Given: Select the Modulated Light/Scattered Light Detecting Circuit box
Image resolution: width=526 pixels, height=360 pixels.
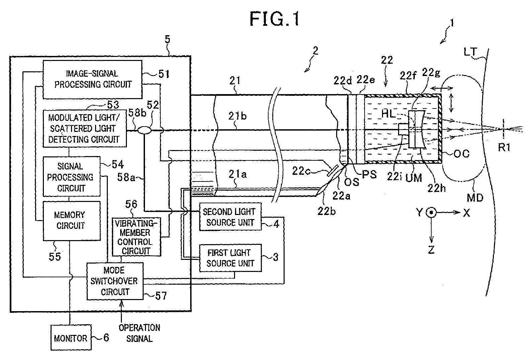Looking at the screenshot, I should pos(85,129).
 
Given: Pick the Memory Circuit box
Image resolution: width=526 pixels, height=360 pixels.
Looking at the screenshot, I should pos(71,220).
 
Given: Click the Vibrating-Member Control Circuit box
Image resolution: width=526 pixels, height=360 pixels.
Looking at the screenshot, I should pos(136,236).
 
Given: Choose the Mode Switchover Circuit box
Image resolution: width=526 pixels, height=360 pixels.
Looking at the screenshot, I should pos(115,281).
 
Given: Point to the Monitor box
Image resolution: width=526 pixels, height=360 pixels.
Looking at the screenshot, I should pos(71,338).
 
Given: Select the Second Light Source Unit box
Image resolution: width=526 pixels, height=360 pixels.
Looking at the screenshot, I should pos(230,217).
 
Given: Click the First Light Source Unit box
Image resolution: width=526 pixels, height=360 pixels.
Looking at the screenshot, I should pos(230,258).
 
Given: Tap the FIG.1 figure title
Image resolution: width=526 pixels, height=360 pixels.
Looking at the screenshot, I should pos(275,19).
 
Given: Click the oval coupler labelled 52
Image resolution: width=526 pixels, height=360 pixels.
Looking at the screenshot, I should pos(144,130).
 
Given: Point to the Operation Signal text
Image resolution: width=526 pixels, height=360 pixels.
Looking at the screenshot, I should pos(139,333).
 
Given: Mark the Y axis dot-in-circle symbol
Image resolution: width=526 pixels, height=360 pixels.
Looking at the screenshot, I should pos(431,212).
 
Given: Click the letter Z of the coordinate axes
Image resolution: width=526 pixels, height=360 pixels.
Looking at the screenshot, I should pos(431,249).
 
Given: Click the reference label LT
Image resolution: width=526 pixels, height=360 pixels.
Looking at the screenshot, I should pos(470,52).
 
